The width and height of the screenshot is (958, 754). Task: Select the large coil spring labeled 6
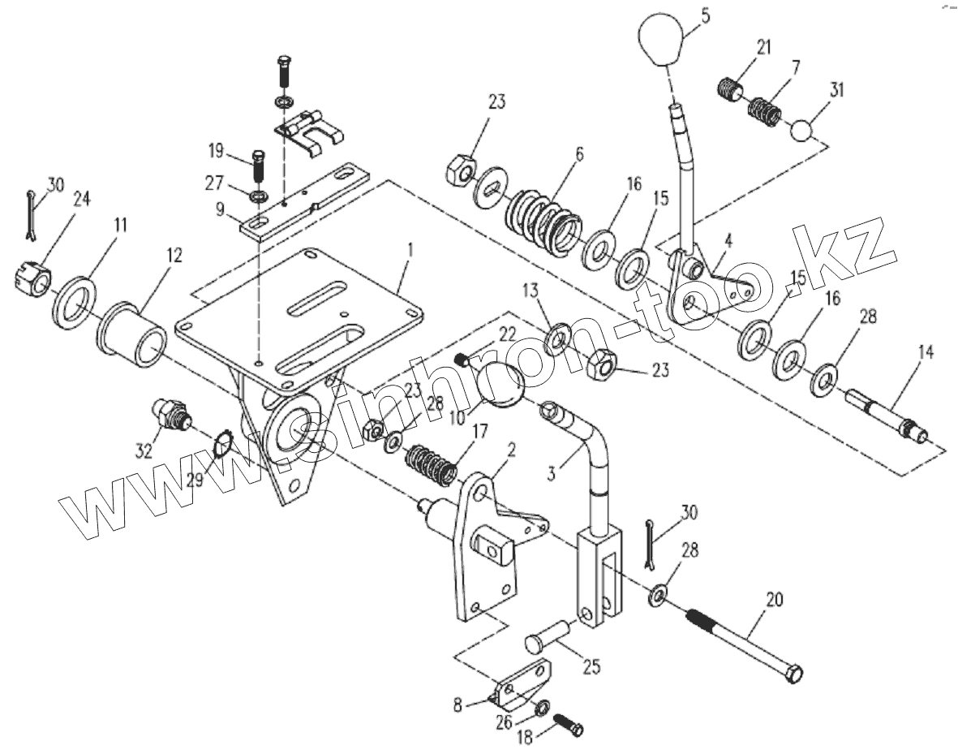click(x=542, y=222)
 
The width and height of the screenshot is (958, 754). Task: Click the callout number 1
click(x=411, y=250)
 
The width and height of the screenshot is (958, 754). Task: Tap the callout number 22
click(x=507, y=334)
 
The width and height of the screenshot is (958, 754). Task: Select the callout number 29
click(x=195, y=480)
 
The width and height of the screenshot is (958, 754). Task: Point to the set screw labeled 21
click(x=729, y=88)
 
